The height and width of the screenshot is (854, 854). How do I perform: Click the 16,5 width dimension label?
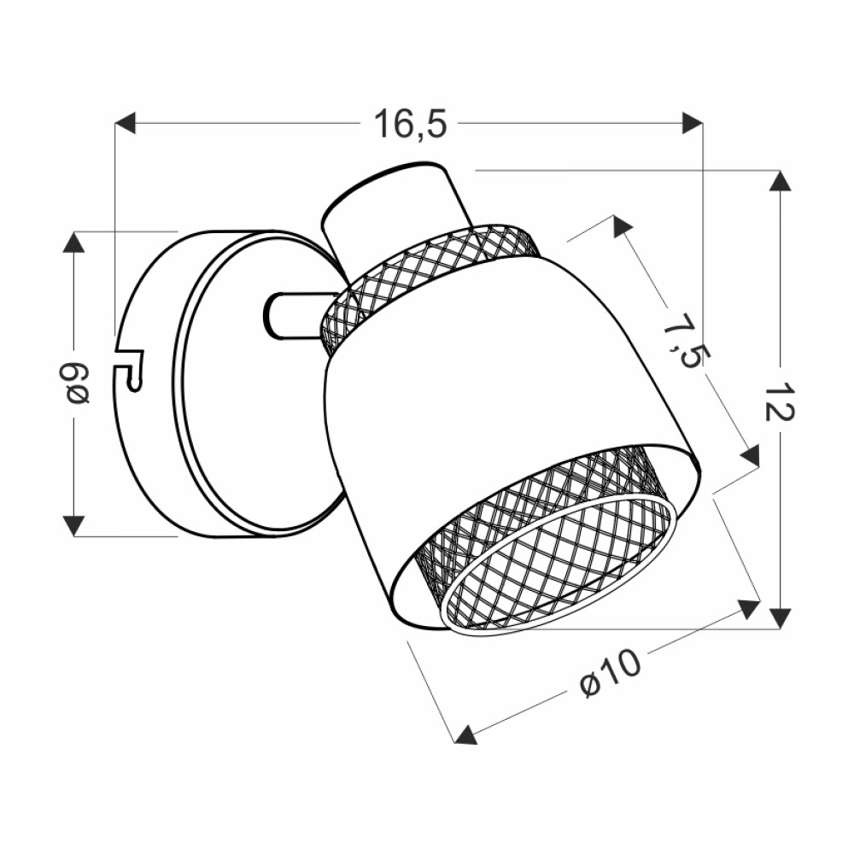pyautogui.click(x=410, y=124)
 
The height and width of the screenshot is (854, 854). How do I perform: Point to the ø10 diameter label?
pyautogui.click(x=611, y=674)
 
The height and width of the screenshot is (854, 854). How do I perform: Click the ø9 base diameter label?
pyautogui.click(x=74, y=384)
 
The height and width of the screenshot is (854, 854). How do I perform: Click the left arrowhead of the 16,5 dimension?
pyautogui.click(x=126, y=123)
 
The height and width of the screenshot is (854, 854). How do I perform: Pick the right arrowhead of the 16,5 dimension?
pyautogui.click(x=693, y=123)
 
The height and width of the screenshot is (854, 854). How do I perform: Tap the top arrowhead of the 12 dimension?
pyautogui.click(x=781, y=181)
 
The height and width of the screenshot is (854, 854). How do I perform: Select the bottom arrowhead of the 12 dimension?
pyautogui.click(x=781, y=618)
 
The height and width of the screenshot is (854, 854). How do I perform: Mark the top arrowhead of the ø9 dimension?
pyautogui.click(x=73, y=242)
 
